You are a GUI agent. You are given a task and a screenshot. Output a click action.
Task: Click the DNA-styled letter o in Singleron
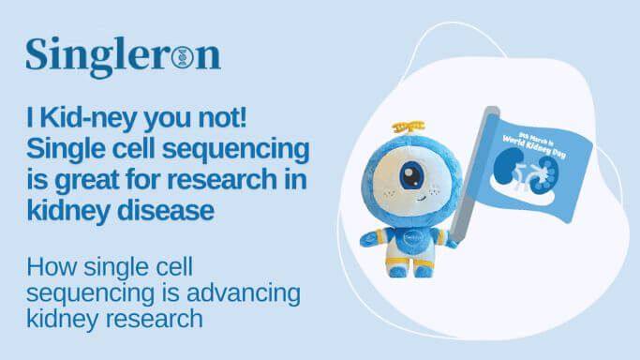pyautogui.click(x=183, y=57)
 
